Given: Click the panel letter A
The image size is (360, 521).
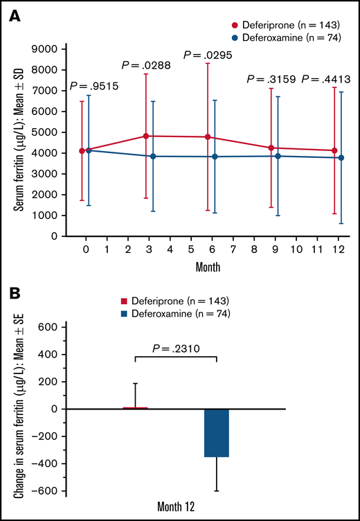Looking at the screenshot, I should (13, 15).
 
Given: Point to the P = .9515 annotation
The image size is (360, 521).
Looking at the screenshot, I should (93, 87).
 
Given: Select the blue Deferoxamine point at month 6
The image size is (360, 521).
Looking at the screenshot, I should (215, 157).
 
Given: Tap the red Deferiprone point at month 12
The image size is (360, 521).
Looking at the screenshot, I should (334, 150).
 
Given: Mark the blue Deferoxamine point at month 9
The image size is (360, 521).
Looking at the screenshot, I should (278, 156).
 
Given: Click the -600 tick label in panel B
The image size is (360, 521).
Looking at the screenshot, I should (47, 491).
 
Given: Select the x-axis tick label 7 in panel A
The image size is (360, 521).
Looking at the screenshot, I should (233, 248).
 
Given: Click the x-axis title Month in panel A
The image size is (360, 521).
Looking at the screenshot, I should (208, 265).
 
